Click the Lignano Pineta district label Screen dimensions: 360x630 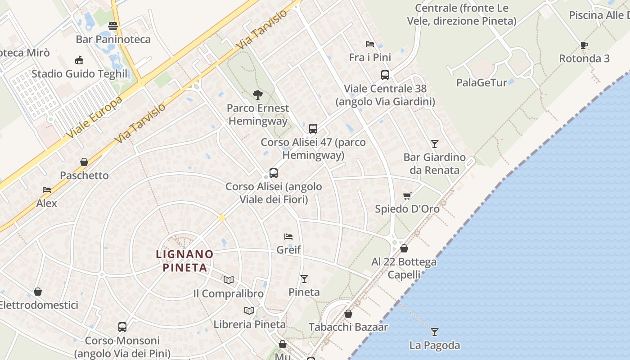click(184, 261)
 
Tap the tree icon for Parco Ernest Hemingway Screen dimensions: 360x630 click(258, 94)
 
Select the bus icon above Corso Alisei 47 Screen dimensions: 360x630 click(313, 129)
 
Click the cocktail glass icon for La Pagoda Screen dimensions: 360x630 click(434, 332)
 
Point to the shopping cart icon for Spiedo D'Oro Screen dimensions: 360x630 click(407, 196)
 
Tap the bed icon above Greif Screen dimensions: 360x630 click(288, 236)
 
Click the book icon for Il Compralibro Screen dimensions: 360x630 click(229, 280)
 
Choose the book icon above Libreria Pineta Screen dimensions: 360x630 click(249, 310)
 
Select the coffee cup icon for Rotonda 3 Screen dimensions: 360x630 click(584, 45)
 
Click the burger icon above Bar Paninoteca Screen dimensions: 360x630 click(113, 26)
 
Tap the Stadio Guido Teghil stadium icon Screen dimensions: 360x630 click(80, 60)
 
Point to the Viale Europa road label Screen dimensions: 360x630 click(94, 117)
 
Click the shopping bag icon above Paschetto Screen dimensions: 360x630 click(84, 162)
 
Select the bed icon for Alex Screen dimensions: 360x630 click(47, 190)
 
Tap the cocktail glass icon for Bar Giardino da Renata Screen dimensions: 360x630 click(434, 144)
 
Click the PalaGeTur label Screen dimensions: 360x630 click(481, 83)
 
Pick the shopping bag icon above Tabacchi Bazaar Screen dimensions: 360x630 click(348, 314)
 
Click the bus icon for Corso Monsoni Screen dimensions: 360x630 click(122, 327)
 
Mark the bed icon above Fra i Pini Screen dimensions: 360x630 click(370, 44)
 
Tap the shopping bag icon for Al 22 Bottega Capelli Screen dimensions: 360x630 click(404, 248)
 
